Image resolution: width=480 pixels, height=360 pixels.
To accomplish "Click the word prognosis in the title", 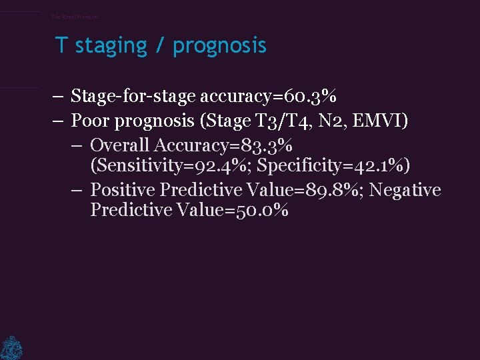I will (219, 46).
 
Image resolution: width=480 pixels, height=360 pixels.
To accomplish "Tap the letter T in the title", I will (61, 45).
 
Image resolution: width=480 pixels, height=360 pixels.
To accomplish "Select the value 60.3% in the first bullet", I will (308, 97).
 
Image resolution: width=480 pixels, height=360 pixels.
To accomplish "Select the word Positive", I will (123, 190).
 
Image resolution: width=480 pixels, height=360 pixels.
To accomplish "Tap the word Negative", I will (405, 190).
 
